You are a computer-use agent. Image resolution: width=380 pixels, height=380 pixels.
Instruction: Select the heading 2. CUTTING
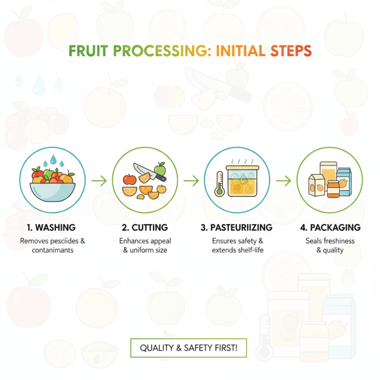pos(144,228)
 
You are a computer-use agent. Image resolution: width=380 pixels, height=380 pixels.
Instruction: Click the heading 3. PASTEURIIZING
pos(237,228)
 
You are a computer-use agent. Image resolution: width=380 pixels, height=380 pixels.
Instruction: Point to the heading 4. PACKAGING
pos(329,228)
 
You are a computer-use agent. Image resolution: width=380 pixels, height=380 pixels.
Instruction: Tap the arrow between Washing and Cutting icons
pos(99,180)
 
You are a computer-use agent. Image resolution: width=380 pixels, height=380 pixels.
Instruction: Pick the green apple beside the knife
pos(160,168)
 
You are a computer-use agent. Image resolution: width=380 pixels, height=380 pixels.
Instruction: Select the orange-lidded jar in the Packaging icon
pos(333,188)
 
